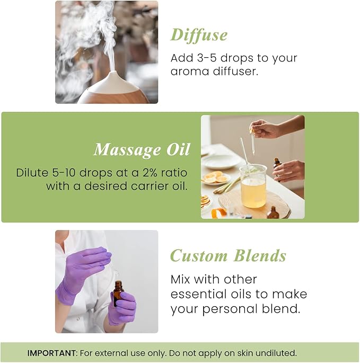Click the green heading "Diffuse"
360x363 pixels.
pyautogui.click(x=199, y=35)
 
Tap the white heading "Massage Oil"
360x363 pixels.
pyautogui.click(x=141, y=150)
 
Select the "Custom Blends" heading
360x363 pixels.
pyautogui.click(x=228, y=256)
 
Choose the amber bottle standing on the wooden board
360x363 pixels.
pyautogui.click(x=273, y=213)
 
